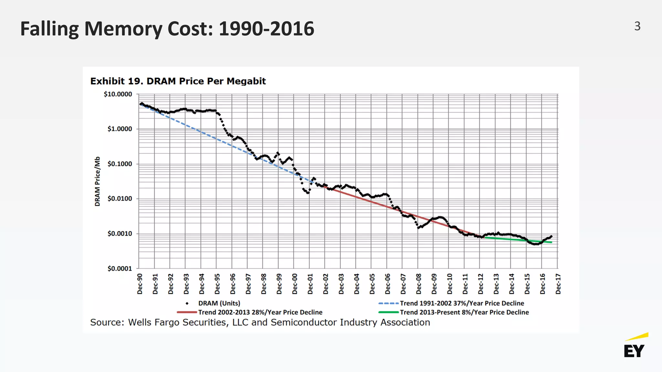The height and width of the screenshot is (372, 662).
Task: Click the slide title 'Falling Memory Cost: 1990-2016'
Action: [x=167, y=29]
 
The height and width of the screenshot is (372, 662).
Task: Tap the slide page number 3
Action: [x=637, y=26]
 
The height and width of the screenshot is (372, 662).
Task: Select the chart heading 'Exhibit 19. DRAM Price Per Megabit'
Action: [x=178, y=81]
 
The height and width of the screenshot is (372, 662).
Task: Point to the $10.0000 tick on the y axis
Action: [x=118, y=94]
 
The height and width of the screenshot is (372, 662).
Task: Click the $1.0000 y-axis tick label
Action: [x=120, y=129]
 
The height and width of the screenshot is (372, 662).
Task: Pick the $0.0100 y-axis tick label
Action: [x=120, y=199]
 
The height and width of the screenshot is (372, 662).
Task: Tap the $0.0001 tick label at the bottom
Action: [x=120, y=269]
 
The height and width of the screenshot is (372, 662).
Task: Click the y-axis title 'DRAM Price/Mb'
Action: [x=97, y=181]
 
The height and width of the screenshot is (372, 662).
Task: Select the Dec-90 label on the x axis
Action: [x=140, y=284]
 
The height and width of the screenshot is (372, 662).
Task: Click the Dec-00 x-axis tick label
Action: [x=294, y=284]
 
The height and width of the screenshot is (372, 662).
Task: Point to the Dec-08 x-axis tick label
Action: [x=419, y=284]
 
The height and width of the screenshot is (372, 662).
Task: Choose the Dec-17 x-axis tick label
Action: [x=558, y=284]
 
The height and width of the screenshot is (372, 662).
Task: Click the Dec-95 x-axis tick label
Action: [x=217, y=284]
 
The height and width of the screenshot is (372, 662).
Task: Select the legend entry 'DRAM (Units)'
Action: [x=219, y=303]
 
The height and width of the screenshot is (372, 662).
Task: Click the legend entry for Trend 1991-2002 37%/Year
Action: [x=462, y=303]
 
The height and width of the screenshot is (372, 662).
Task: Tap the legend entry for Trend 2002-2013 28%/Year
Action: [x=260, y=312]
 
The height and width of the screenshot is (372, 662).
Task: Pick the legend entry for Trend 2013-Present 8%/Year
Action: [x=464, y=312]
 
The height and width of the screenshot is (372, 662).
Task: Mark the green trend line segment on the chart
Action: [x=511, y=239]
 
